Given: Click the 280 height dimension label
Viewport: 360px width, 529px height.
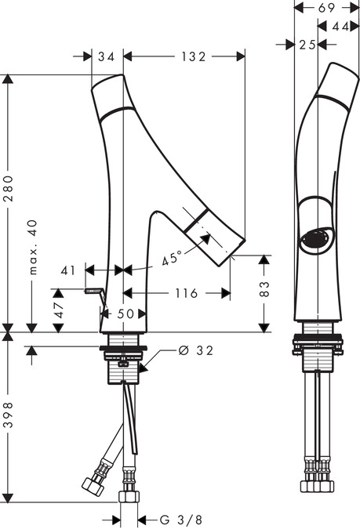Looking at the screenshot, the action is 8,188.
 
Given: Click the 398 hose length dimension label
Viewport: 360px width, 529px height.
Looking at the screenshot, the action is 8,415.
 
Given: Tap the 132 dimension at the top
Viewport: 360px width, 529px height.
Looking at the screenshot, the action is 193,56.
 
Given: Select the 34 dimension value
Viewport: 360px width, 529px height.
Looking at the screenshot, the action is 107,56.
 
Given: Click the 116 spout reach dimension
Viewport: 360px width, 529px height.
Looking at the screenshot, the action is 186,293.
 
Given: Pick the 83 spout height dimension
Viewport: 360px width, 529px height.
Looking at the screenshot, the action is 265,288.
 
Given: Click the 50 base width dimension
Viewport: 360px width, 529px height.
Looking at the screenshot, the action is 125,314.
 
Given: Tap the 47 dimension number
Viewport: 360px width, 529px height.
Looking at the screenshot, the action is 58,310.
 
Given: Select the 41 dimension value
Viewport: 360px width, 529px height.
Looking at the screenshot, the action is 68,270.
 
